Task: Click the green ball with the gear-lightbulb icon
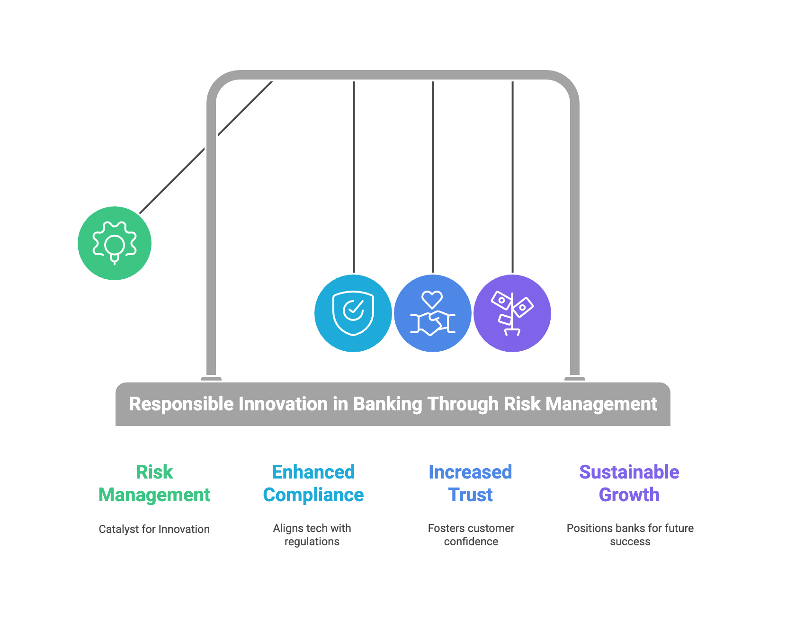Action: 115,243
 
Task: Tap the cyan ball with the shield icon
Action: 353,313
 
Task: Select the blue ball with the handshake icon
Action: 433,313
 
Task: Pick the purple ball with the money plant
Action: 512,313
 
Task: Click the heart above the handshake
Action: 432,299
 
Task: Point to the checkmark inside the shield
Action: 353,310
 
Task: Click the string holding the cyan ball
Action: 354,177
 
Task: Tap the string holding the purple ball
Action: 512,177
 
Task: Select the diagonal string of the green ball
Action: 206,147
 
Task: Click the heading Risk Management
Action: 154,483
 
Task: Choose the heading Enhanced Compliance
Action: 313,483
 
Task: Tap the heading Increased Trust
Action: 470,483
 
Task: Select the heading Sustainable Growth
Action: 629,483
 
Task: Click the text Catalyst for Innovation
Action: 154,529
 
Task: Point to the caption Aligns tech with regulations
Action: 312,535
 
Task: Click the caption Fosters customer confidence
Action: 471,535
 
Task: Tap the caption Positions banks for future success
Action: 630,535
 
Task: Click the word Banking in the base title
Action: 388,404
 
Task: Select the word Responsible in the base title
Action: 181,404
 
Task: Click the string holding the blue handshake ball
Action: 433,177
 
